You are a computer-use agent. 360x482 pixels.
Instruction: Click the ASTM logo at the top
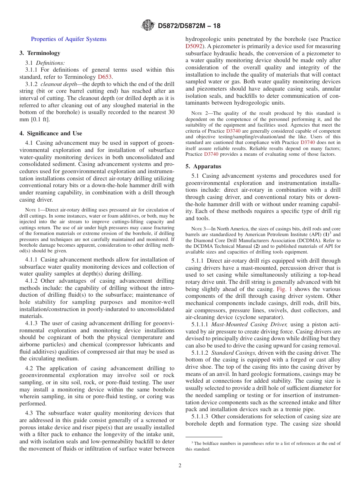tap(147, 25)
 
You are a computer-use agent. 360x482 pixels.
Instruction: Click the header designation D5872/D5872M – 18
tap(189, 26)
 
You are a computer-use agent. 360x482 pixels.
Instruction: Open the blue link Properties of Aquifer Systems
tap(69, 39)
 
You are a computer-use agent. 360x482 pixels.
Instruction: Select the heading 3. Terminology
tap(40, 53)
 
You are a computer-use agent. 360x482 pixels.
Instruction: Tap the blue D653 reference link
tap(105, 77)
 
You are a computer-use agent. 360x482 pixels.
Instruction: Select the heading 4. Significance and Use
tap(51, 133)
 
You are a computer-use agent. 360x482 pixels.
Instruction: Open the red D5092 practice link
tap(194, 46)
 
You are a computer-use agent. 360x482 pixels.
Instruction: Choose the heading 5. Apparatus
tap(203, 166)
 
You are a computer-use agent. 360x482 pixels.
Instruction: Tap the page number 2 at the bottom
tap(180, 466)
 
